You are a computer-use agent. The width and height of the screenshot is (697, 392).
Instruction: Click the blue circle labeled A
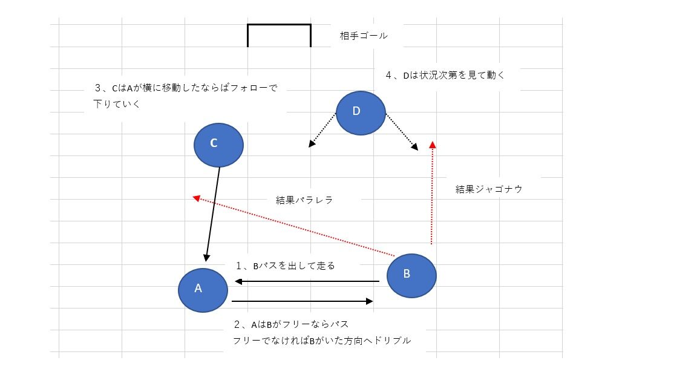[203, 290]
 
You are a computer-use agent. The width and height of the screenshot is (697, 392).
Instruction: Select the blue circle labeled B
[411, 276]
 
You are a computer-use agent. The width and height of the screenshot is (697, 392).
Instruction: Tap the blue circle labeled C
[218, 145]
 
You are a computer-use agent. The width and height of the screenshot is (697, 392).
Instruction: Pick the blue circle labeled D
[361, 113]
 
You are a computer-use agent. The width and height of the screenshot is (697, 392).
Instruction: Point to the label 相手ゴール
[364, 36]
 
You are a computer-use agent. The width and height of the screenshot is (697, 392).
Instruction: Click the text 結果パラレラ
[304, 200]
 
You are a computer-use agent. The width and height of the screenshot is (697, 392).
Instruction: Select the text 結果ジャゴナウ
[489, 189]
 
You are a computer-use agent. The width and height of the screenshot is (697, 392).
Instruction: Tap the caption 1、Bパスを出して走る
[286, 266]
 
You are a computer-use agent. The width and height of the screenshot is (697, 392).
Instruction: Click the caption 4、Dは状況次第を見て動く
[445, 76]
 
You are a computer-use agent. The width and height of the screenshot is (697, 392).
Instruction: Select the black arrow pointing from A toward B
[302, 301]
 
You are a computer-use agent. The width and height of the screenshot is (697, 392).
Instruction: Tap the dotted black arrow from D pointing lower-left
[322, 130]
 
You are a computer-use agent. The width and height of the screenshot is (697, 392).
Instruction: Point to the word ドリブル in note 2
[393, 341]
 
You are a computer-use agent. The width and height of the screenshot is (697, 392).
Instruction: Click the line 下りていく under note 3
[117, 104]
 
